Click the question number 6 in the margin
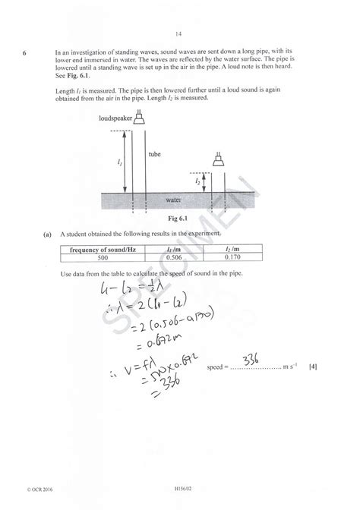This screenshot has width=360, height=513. point(24,53)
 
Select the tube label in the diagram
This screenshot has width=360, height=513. point(155,155)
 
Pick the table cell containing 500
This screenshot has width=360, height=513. point(103,258)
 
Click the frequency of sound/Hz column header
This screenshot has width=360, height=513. point(103,249)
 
